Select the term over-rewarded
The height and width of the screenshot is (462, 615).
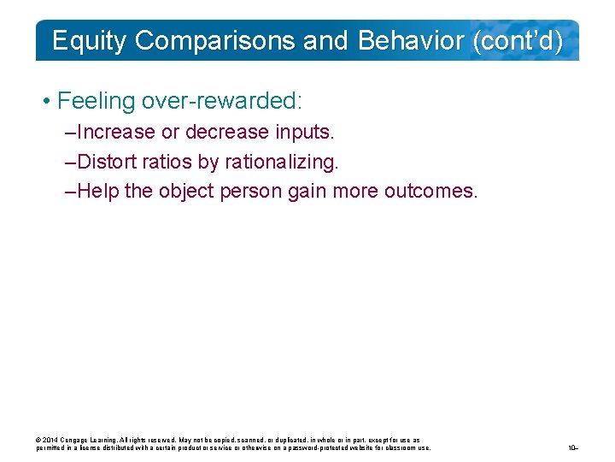[x=222, y=101]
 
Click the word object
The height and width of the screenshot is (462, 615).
[x=184, y=191]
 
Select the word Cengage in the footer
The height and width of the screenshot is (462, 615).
[x=78, y=441]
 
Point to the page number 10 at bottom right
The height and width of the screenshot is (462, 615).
[x=572, y=447]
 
